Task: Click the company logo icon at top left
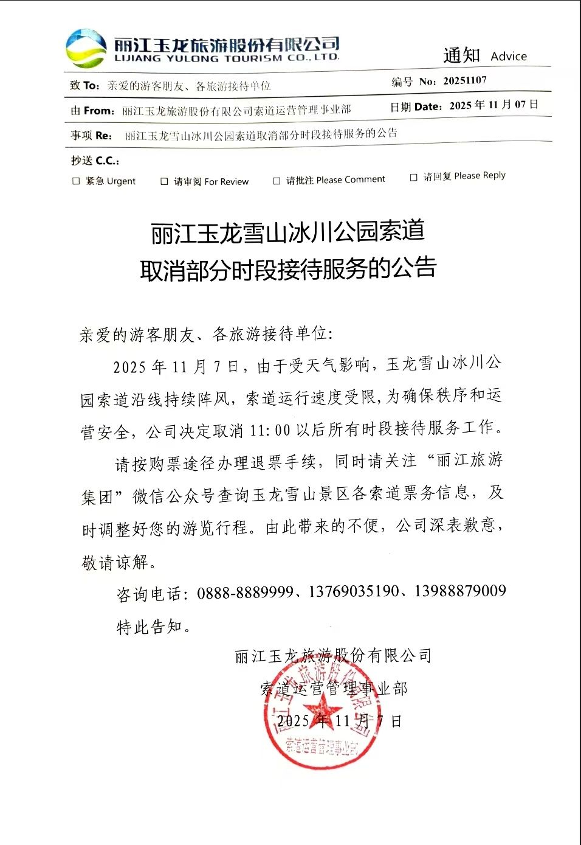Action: [86, 48]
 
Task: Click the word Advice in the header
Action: [509, 57]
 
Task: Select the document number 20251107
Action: [465, 81]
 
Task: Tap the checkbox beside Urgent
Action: [76, 181]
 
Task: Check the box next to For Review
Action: [164, 181]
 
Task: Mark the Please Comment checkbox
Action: [277, 181]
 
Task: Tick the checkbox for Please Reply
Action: [413, 177]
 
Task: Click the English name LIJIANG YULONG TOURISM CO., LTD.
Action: [227, 58]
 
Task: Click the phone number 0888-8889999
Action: [245, 592]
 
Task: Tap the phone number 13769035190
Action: [354, 591]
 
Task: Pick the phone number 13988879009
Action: [459, 591]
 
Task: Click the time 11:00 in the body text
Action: [270, 430]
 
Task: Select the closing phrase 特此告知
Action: [149, 627]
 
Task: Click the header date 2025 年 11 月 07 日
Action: [493, 105]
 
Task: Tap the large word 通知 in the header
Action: [461, 55]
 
